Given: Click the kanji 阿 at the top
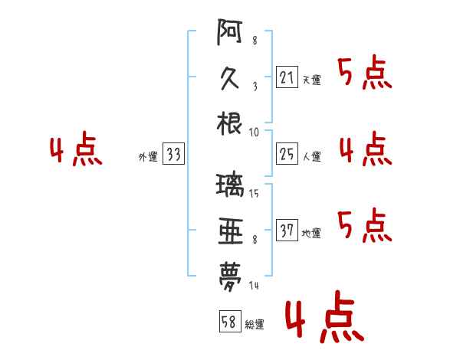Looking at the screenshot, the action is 230,31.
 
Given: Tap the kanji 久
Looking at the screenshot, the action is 229,78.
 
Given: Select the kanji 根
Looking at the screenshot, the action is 229,123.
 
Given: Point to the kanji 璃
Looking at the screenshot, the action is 230,185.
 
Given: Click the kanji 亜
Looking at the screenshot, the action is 231,231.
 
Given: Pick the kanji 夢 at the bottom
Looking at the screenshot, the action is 230,277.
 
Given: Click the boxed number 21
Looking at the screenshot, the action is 287,77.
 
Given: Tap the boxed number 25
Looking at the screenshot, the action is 287,154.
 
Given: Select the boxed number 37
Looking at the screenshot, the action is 287,230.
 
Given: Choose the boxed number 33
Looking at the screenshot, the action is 173,153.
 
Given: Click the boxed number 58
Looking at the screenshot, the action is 230,321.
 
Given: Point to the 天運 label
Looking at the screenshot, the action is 312,80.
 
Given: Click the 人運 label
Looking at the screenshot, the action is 312,156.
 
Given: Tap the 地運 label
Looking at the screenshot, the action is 311,234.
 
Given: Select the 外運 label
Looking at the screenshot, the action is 148,156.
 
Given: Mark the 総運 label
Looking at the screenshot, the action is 255,325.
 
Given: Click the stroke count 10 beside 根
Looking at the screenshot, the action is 254,133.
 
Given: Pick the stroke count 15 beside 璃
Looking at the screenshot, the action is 254,193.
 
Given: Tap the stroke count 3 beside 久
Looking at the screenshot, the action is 255,87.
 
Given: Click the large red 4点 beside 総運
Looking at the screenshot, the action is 325,316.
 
